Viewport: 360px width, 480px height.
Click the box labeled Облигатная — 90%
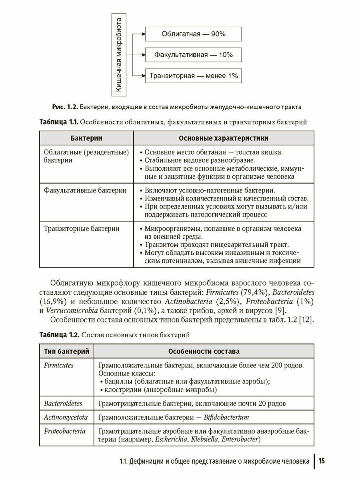pyautogui.click(x=194, y=34)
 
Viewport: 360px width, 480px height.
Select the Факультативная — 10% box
pyautogui.click(x=194, y=54)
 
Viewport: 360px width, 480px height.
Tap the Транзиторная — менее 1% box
pyautogui.click(x=194, y=75)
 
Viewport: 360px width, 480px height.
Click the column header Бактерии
pyautogui.click(x=86, y=138)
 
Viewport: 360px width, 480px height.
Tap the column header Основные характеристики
pyautogui.click(x=224, y=138)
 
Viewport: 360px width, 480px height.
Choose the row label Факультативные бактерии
pyautogui.click(x=85, y=190)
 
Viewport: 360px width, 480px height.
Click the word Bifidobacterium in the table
pyautogui.click(x=226, y=417)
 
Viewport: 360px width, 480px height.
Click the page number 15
pyautogui.click(x=322, y=461)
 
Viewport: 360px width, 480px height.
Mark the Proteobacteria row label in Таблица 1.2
pyautogui.click(x=65, y=431)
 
